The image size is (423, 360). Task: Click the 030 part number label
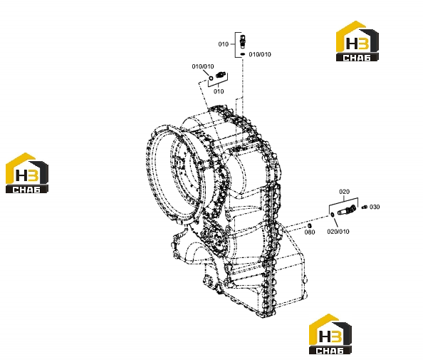click(375, 207)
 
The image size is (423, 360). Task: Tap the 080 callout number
click(310, 232)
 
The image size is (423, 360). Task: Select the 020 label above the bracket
click(344, 192)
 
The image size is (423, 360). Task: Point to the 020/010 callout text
click(338, 232)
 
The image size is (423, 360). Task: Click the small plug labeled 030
click(364, 207)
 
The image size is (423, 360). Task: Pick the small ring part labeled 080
click(310, 225)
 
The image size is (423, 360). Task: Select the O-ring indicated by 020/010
click(333, 215)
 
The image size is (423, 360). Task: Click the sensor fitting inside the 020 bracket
click(347, 210)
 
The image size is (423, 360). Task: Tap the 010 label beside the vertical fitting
click(224, 44)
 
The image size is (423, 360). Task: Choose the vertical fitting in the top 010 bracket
click(243, 41)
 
